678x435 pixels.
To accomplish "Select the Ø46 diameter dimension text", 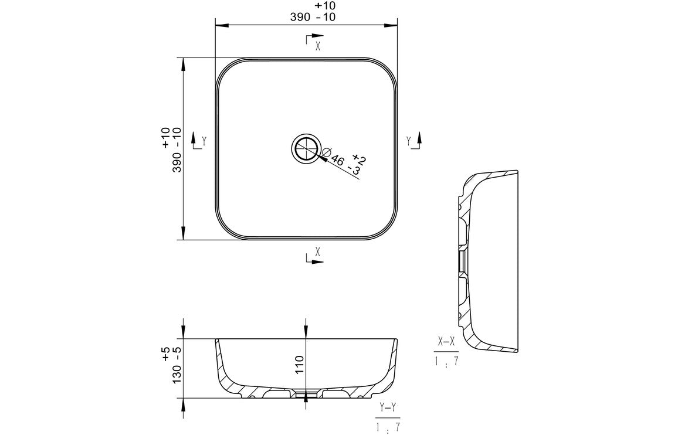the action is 334,158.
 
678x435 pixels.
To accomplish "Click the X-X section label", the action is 446,342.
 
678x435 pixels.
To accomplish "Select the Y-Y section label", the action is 388,407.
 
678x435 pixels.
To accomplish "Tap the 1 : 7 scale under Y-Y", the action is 388,427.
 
